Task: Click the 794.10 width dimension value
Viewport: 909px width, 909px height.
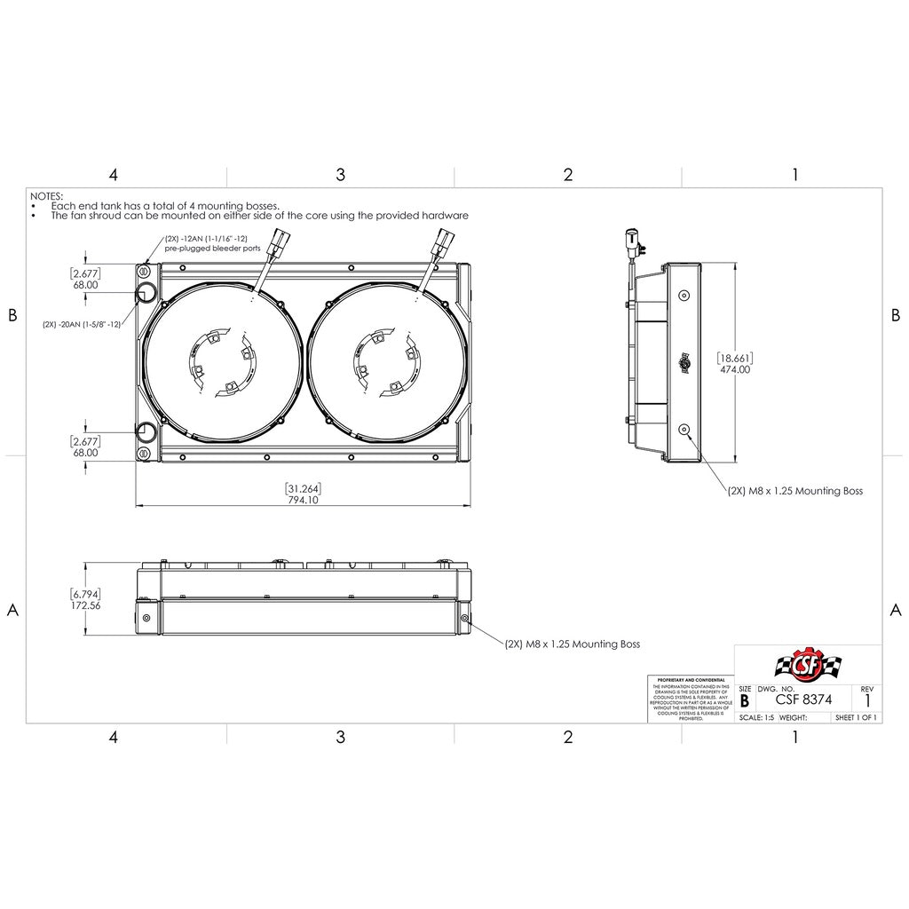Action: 303,500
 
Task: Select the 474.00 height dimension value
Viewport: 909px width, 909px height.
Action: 735,370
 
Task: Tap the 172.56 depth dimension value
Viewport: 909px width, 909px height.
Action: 86,605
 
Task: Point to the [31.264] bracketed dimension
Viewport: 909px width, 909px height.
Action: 303,488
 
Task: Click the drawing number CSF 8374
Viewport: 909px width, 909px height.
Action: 803,700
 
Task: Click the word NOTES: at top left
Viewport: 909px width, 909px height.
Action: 47,194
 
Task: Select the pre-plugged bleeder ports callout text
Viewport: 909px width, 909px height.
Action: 212,249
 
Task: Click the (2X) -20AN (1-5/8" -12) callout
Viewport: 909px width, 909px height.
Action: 82,324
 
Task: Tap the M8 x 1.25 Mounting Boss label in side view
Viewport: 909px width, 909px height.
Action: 794,490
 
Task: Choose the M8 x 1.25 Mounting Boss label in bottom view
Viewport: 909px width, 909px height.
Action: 573,644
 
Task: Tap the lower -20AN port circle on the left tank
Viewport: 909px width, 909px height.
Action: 146,432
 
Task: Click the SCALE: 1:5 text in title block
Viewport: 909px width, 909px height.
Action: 756,717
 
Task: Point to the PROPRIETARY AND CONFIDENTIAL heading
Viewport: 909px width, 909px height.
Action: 690,679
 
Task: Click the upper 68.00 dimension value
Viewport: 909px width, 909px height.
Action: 86,287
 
